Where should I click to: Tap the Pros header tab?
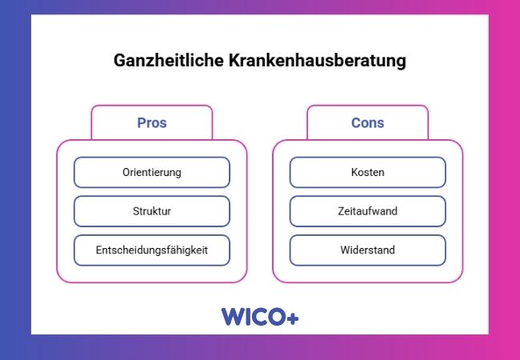click(152, 123)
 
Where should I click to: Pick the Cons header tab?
click(368, 123)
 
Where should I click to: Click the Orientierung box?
click(152, 172)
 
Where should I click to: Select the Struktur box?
click(152, 211)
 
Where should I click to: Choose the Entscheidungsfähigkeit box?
click(152, 250)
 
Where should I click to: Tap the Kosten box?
click(368, 172)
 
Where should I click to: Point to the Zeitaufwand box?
click(368, 211)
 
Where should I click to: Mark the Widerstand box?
click(368, 250)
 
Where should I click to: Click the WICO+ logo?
click(260, 317)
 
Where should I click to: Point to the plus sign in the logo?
click(292, 318)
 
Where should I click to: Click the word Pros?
click(152, 123)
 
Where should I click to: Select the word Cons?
click(368, 123)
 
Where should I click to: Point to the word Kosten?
click(368, 172)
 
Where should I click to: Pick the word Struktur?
click(152, 211)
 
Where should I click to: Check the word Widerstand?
click(368, 250)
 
